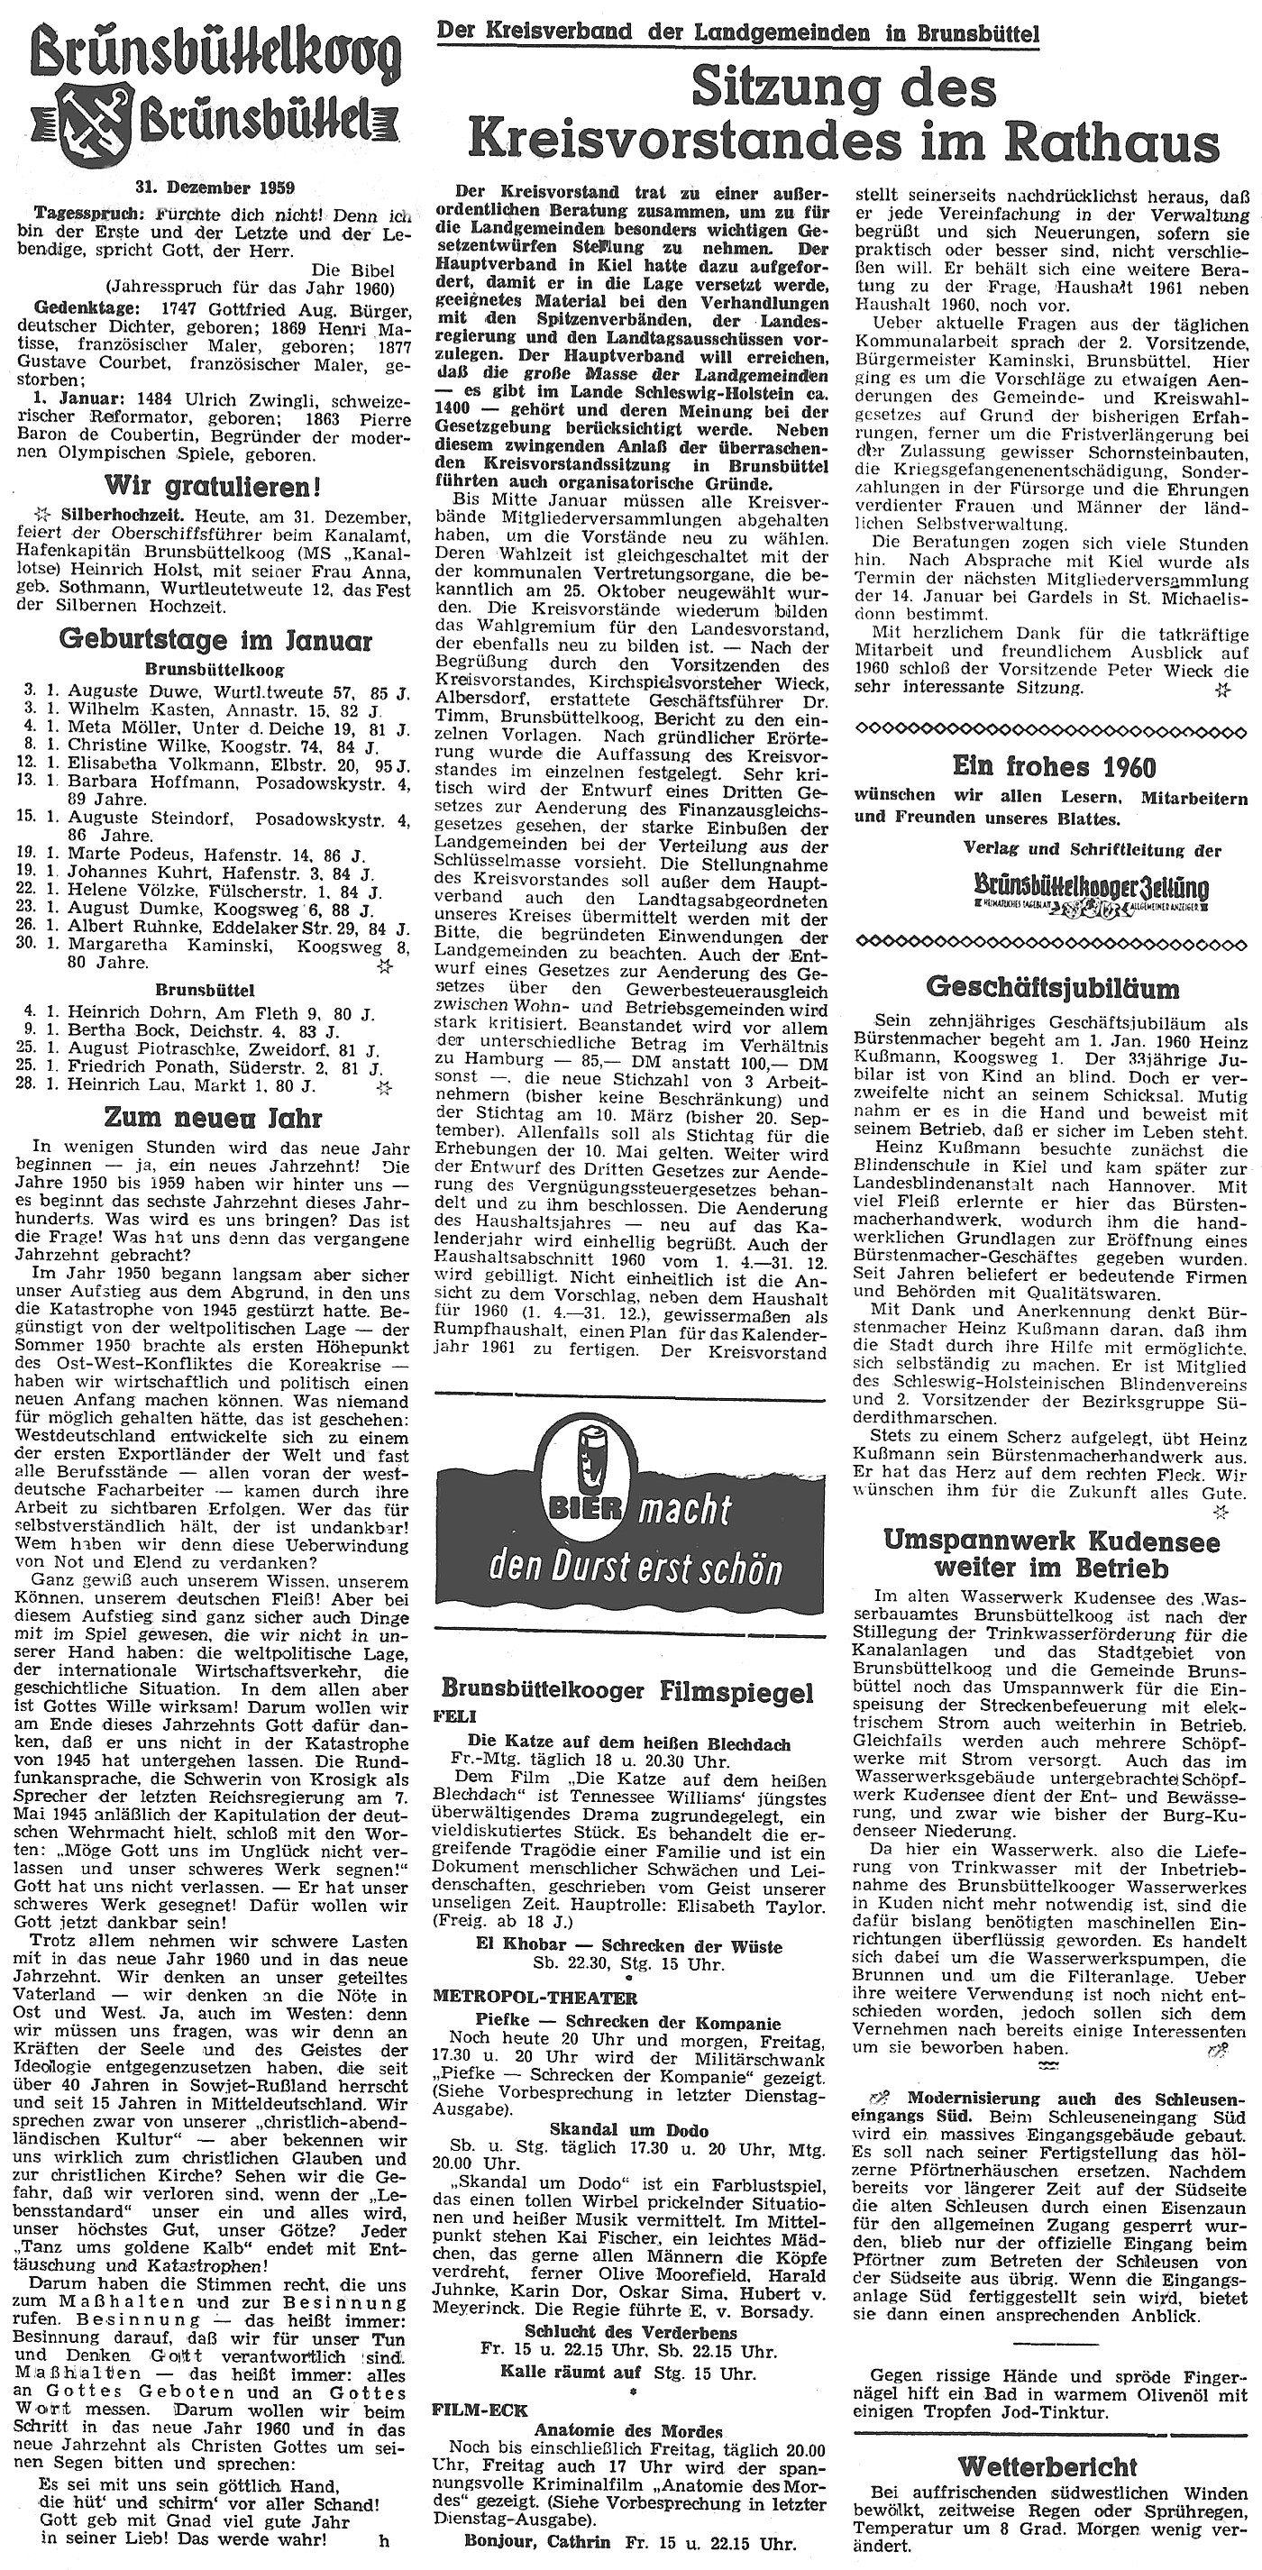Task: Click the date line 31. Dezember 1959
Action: (x=215, y=187)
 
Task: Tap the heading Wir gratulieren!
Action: (x=215, y=488)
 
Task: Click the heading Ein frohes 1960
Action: (x=1054, y=766)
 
